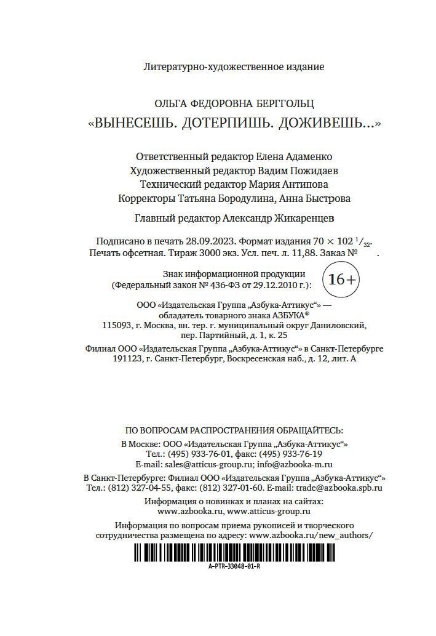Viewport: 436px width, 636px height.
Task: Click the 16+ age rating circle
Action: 342,280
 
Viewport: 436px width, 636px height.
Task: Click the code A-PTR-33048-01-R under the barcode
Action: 234,565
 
